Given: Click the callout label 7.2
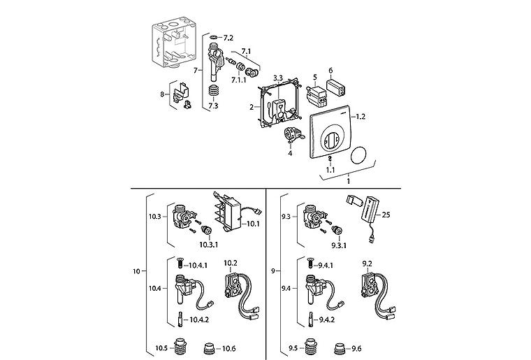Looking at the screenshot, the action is click(x=228, y=38).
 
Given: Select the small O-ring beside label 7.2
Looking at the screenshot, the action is click(x=214, y=37).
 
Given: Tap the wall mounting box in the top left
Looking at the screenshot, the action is click(x=173, y=44).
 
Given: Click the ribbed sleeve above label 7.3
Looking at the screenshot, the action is click(x=214, y=92).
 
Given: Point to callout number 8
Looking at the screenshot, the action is click(x=162, y=94).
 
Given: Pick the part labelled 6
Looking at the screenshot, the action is click(x=337, y=87).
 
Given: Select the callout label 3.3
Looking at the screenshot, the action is click(x=278, y=78).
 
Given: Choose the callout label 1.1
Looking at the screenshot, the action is click(x=330, y=170).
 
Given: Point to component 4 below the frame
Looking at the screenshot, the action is click(x=293, y=134).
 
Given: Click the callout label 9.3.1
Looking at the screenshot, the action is click(x=339, y=245).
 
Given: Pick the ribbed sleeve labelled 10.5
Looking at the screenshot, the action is click(x=180, y=348).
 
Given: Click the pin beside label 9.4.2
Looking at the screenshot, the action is click(x=311, y=319).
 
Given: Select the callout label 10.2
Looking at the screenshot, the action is click(x=231, y=263).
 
